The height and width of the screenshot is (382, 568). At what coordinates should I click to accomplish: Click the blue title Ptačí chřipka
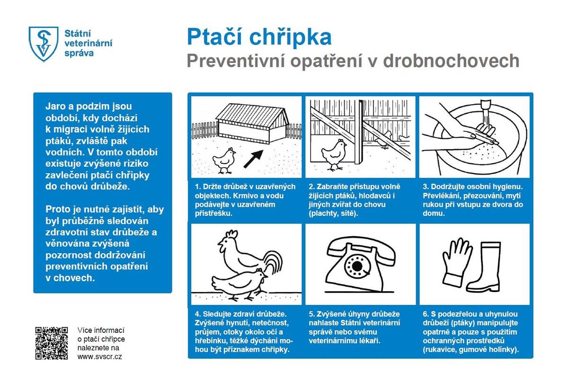258,36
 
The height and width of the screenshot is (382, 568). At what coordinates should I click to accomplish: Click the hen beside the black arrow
224,160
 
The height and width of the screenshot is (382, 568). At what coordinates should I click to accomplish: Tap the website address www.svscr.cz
99,356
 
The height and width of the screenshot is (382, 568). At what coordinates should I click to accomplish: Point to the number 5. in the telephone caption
311,314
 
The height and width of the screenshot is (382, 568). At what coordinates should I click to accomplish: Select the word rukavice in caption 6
438,350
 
